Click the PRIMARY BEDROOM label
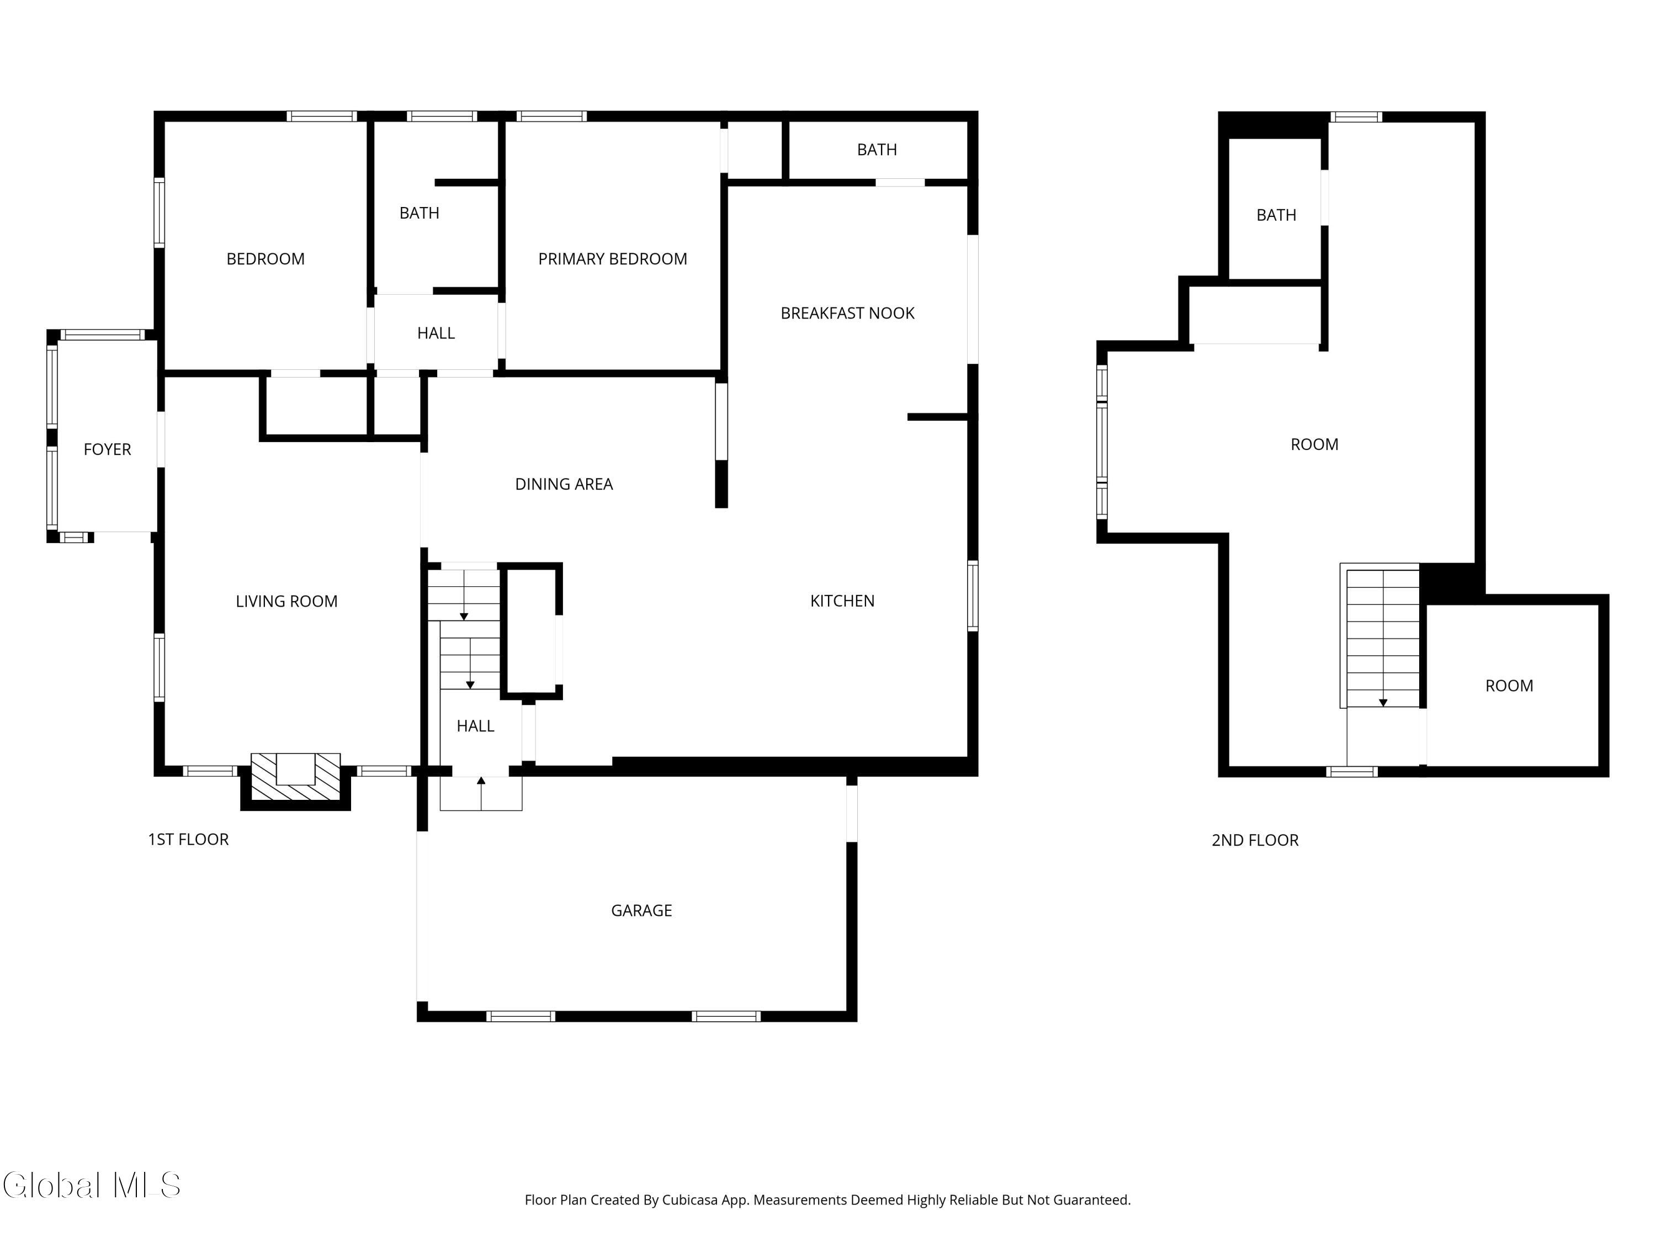612,259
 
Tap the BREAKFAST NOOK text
847,313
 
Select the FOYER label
107,449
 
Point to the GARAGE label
641,910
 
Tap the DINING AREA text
563,484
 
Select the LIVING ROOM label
286,601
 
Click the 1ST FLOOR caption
188,839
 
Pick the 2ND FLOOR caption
1254,840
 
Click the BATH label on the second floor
1276,215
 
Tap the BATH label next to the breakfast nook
876,150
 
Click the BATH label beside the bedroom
418,214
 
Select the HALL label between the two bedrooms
436,333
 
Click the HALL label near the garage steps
475,725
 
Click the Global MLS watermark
91,1185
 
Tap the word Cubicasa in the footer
689,1200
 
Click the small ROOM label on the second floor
1509,686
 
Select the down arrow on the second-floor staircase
1383,702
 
